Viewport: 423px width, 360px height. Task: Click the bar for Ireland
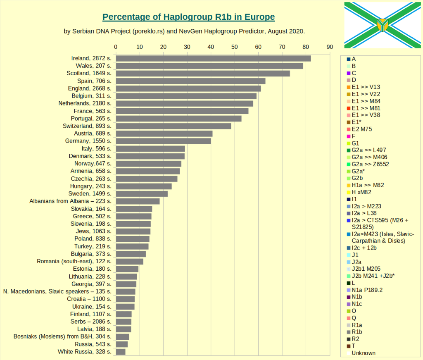coord(213,58)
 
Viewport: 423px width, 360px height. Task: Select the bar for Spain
coord(190,81)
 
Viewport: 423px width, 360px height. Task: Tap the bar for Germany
coord(163,141)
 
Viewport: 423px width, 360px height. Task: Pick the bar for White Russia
coord(121,352)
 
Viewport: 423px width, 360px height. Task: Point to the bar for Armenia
coord(147,171)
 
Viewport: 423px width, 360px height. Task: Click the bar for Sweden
coord(142,194)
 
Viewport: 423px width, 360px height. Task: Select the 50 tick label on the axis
coord(235,47)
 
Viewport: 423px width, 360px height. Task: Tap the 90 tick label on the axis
coord(330,47)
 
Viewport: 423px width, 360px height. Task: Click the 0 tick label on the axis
coord(116,47)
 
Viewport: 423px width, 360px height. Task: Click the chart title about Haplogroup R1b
coord(188,17)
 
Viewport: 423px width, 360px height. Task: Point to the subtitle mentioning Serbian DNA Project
coord(184,31)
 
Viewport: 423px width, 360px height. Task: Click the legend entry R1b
coord(356,332)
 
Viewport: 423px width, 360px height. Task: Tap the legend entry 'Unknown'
coord(364,353)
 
